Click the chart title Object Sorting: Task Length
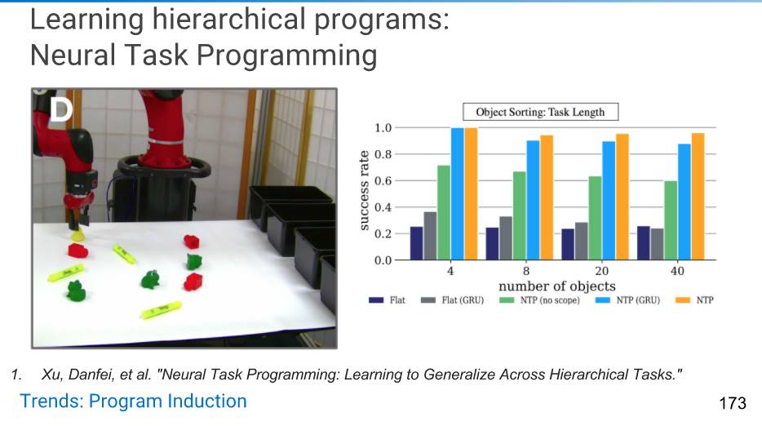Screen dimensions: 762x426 click(x=540, y=113)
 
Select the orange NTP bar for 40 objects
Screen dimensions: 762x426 click(x=698, y=197)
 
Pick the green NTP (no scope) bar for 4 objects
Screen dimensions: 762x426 click(x=444, y=212)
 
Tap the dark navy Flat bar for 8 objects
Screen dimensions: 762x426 click(x=492, y=244)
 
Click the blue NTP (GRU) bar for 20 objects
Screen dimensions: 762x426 click(x=609, y=201)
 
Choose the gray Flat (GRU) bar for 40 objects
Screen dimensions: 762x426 click(x=657, y=244)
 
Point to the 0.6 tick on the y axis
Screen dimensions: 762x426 click(x=383, y=181)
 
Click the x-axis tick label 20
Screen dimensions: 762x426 click(x=601, y=271)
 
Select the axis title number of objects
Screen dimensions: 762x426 click(x=557, y=286)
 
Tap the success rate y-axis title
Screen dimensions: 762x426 click(x=364, y=190)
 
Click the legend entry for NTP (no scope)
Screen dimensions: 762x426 click(x=539, y=300)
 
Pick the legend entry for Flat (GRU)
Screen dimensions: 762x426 click(x=452, y=300)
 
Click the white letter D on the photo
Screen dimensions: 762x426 click(x=61, y=109)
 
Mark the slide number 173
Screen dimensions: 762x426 click(x=733, y=403)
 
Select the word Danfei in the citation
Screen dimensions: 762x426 click(x=91, y=375)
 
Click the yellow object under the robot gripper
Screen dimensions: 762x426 click(x=78, y=236)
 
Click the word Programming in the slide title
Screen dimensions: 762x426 click(x=286, y=55)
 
